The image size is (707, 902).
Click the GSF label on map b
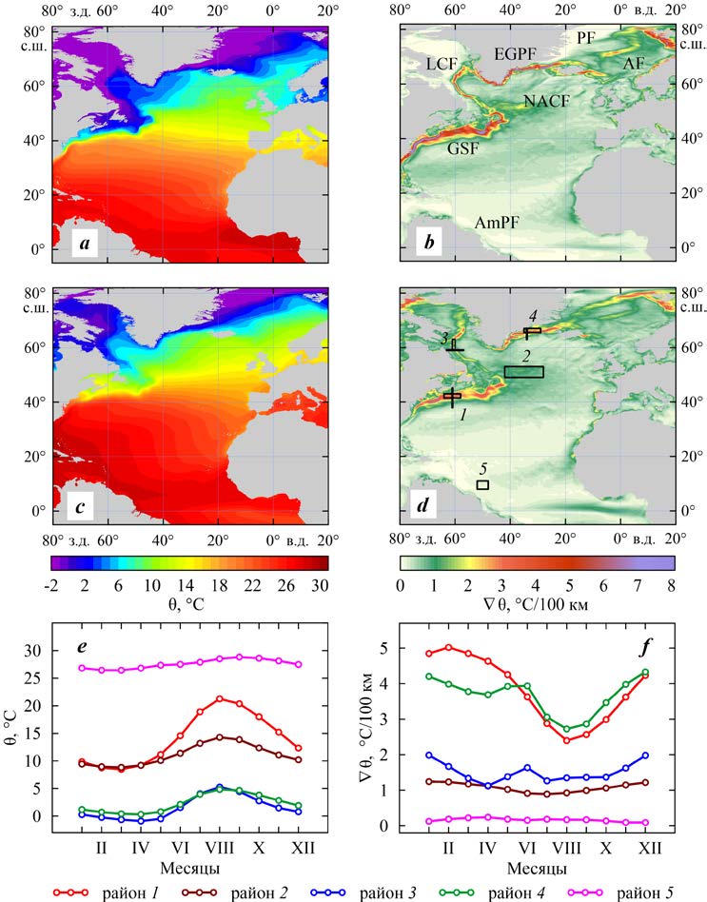(x=462, y=148)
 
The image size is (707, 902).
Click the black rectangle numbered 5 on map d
(x=482, y=485)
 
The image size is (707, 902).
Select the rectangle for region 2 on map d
(x=523, y=372)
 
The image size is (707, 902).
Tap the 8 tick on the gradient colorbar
(x=672, y=584)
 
